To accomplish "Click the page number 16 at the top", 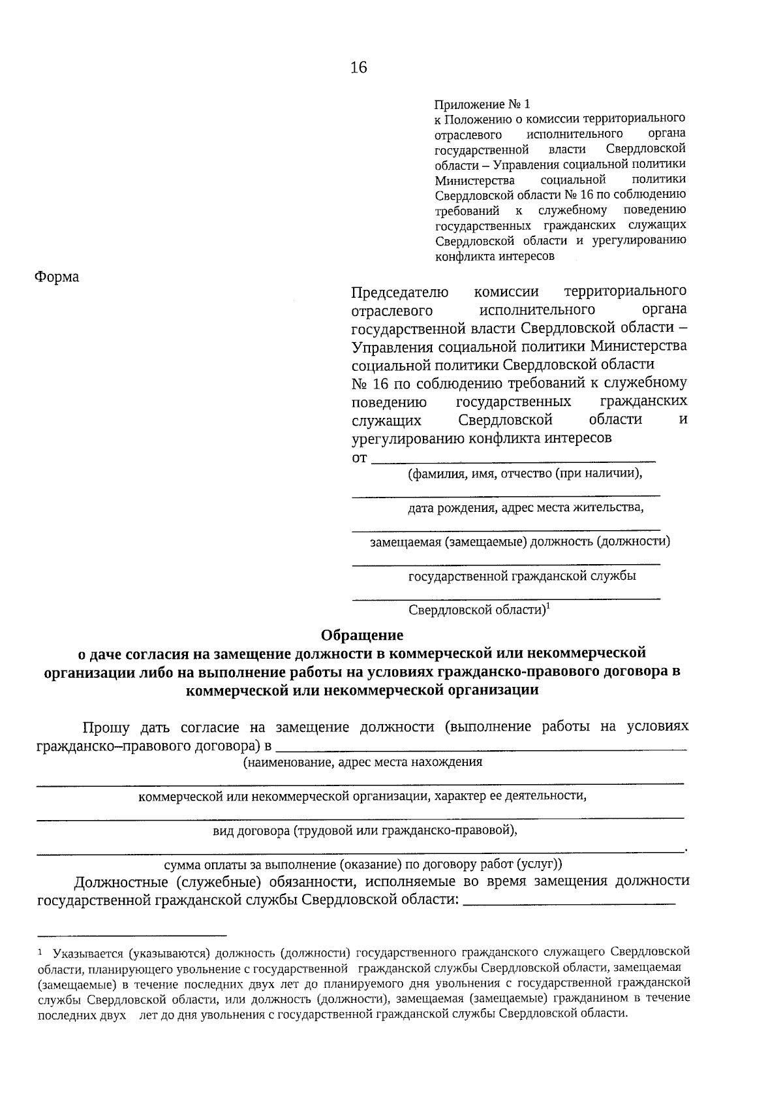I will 359,67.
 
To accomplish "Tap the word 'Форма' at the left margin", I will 57,277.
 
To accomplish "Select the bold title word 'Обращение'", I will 362,635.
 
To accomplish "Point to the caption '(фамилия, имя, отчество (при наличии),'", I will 525,473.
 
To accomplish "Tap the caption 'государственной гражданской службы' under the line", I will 522,576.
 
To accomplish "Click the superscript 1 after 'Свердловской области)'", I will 548,606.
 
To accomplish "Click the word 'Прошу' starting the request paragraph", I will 106,727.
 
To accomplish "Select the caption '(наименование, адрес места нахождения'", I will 363,761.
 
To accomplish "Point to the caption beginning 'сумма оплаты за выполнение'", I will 363,864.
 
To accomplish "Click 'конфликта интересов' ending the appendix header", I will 495,257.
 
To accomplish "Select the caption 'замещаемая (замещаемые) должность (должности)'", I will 519,542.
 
